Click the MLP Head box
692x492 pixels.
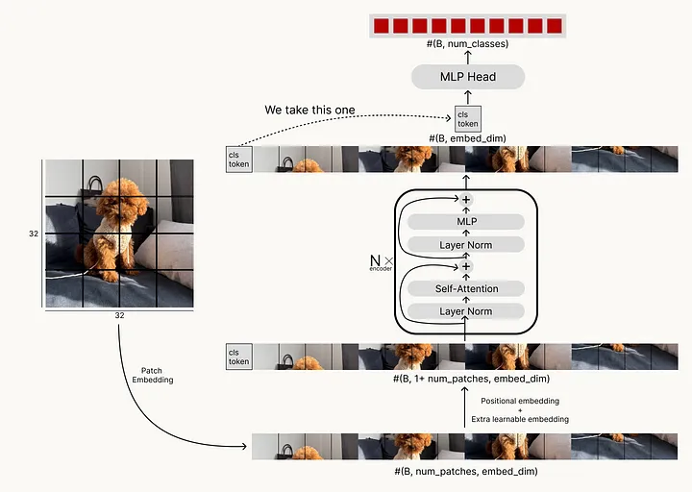[467, 78]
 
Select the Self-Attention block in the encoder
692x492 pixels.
[466, 288]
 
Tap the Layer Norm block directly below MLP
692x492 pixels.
[466, 245]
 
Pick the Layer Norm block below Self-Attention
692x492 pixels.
[466, 311]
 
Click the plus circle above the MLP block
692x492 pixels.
[466, 200]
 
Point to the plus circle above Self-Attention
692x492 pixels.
[466, 266]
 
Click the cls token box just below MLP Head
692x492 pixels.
[467, 119]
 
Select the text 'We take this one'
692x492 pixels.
[309, 111]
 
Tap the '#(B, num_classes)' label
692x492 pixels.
[467, 43]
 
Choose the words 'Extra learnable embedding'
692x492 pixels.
[520, 420]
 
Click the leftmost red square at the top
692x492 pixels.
[383, 25]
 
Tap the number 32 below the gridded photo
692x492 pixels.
[119, 314]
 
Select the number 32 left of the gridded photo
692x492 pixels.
[34, 234]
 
